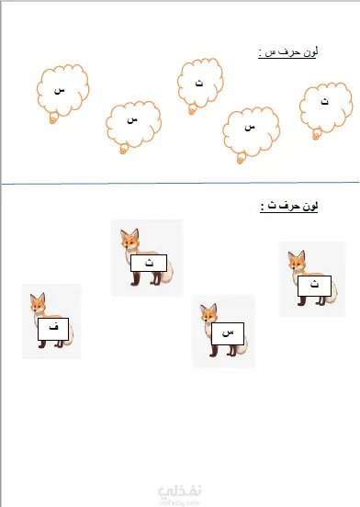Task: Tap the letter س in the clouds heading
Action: click(271, 53)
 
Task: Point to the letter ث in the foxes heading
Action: click(272, 206)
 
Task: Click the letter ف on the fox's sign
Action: click(53, 327)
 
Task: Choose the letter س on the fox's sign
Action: click(228, 332)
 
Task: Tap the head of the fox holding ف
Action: click(38, 303)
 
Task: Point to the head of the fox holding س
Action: click(208, 313)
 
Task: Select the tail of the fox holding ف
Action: click(70, 336)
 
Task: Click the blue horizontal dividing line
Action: click(180, 183)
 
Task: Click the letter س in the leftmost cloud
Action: click(60, 91)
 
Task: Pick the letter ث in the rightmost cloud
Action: click(325, 102)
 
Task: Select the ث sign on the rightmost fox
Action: click(314, 286)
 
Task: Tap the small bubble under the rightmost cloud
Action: click(317, 134)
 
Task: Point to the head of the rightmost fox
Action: click(297, 260)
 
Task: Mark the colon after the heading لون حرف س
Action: click(260, 53)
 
